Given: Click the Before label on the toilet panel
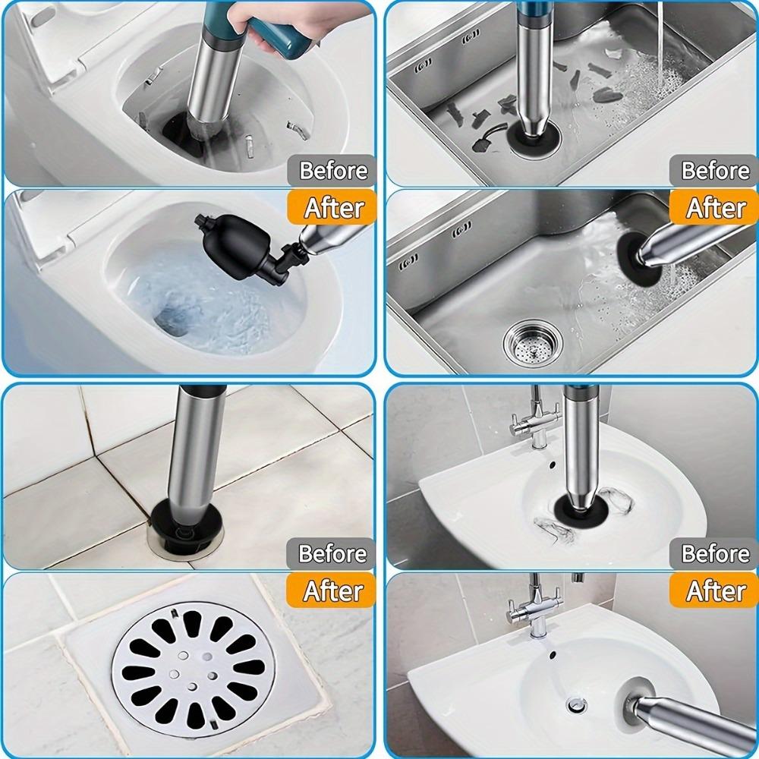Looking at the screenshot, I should pos(332,171).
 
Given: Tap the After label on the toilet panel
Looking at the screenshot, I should pos(332,206).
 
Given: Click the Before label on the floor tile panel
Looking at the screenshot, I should pos(332,553).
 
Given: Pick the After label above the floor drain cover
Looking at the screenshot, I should pos(332,590).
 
